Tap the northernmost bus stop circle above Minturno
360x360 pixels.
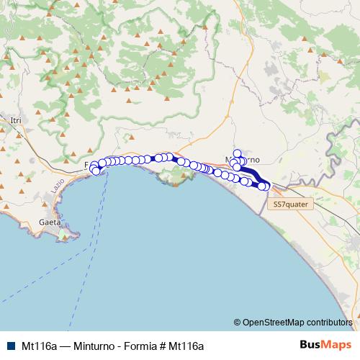(237, 153)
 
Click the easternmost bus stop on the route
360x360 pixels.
(266, 186)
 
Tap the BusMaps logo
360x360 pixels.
(326, 345)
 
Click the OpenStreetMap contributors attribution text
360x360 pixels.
(296, 323)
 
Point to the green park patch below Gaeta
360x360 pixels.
(66, 235)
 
